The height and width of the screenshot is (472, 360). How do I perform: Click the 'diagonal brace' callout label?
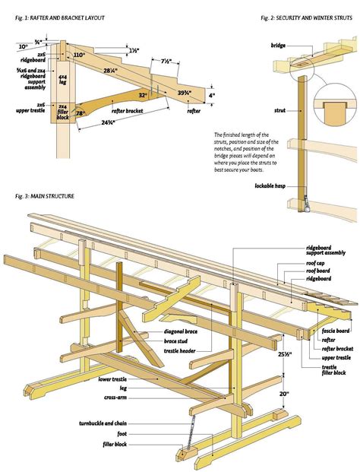point(180,332)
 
